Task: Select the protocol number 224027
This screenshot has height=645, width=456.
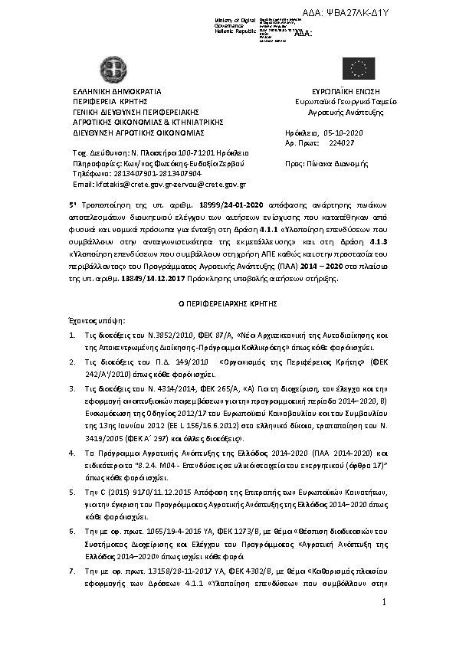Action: tap(341, 143)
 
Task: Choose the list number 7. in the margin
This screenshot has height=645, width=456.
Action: tap(71, 571)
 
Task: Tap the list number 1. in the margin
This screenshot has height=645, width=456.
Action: tap(71, 336)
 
